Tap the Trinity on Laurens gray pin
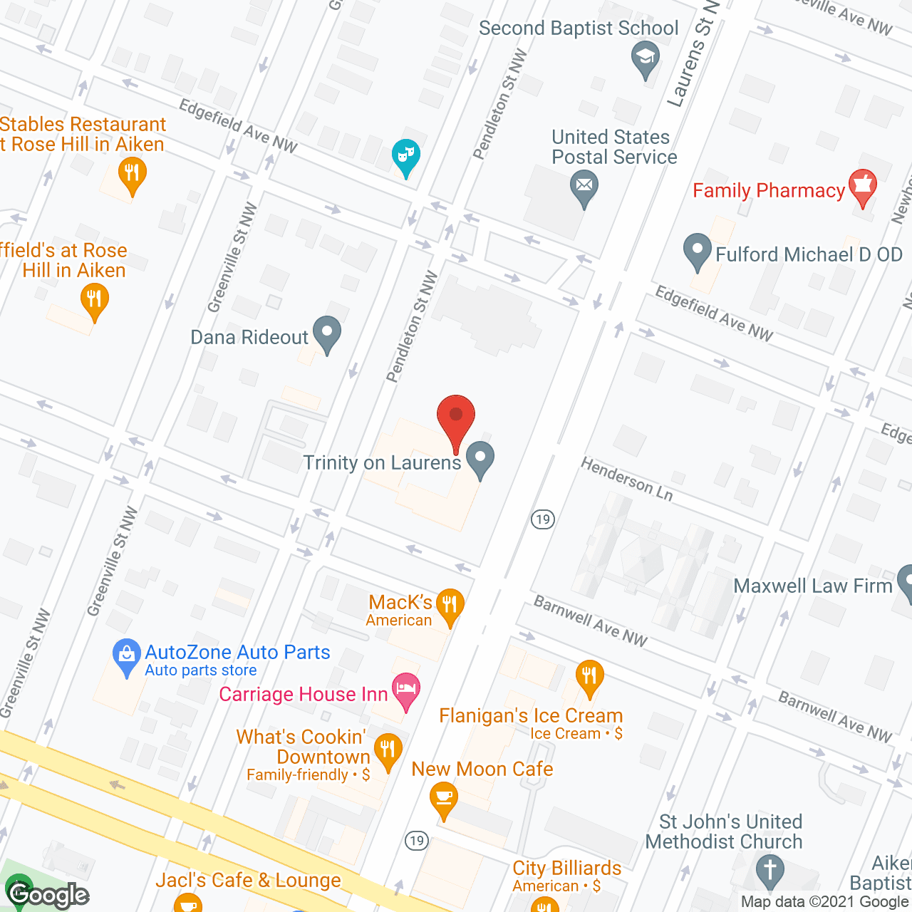tap(480, 457)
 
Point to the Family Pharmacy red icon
tap(862, 187)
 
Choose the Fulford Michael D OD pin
tap(697, 251)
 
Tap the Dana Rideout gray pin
tap(327, 333)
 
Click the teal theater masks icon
tap(405, 155)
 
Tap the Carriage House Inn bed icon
tap(405, 690)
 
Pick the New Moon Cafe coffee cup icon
tap(443, 797)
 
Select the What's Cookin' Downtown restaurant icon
tap(388, 750)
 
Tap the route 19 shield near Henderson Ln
tap(543, 519)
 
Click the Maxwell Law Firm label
tap(813, 586)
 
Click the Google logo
tap(48, 894)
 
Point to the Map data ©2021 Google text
tap(824, 902)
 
